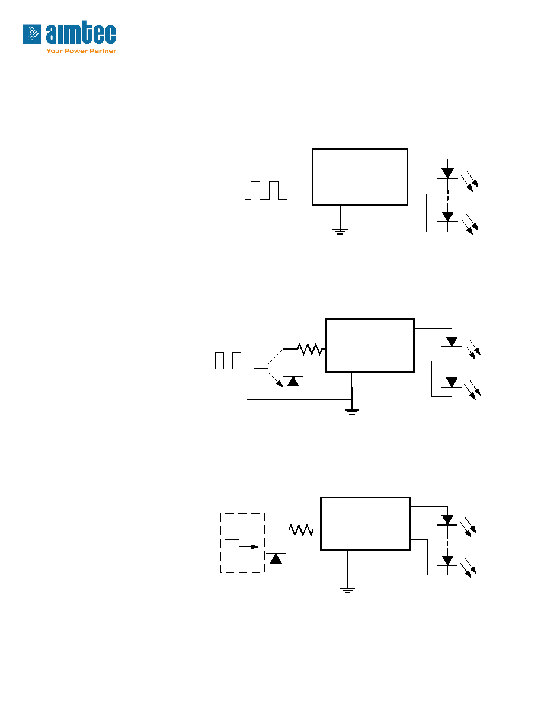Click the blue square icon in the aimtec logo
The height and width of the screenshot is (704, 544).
click(32, 34)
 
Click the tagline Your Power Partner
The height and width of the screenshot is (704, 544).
click(81, 51)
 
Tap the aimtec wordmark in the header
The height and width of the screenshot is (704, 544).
click(81, 34)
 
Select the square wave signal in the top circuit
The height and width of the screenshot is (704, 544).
click(265, 190)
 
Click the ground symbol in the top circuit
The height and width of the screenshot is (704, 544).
click(340, 232)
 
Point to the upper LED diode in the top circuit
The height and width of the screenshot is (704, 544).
click(447, 174)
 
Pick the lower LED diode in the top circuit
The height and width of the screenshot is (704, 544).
click(447, 217)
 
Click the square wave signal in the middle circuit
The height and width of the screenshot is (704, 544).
click(228, 360)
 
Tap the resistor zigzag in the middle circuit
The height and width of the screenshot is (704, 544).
click(310, 349)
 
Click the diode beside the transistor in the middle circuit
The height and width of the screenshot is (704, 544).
click(293, 382)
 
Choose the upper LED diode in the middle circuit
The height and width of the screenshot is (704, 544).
click(452, 342)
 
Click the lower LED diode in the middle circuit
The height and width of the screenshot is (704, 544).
click(452, 383)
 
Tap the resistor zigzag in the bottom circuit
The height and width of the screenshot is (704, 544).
click(301, 530)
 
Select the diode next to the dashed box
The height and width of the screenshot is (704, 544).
click(276, 559)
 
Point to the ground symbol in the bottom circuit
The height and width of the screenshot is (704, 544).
click(347, 590)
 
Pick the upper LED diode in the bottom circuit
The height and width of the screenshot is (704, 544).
click(447, 520)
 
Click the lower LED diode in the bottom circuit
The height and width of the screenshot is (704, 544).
click(447, 561)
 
